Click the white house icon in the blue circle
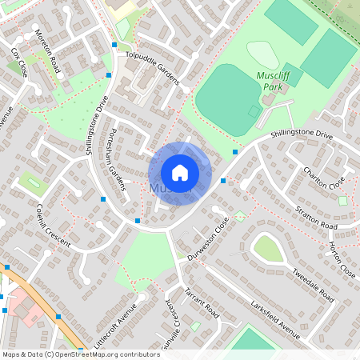click(x=180, y=172)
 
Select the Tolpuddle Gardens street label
click(x=156, y=64)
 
